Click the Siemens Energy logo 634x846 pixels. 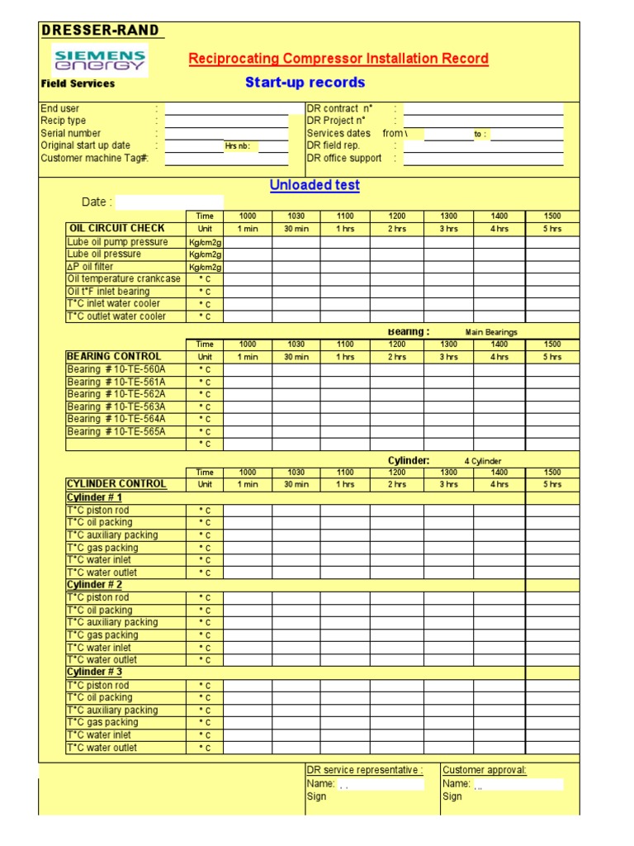[99, 60]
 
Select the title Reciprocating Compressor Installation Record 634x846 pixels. [338, 59]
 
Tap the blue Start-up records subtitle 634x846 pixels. [305, 83]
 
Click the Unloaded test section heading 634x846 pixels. [315, 185]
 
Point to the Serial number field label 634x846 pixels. [71, 133]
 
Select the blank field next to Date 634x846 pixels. [169, 202]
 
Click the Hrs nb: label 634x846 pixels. [240, 146]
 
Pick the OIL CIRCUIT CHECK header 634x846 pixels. [116, 228]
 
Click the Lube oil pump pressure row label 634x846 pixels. [117, 242]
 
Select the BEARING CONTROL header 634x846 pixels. [114, 357]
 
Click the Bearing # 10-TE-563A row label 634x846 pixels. [116, 406]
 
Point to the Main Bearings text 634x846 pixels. [491, 332]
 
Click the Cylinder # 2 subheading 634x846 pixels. [94, 585]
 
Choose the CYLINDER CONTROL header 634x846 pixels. [116, 484]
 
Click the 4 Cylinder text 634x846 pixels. [483, 461]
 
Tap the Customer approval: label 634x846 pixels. [485, 770]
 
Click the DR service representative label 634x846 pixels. [365, 770]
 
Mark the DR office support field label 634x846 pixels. [344, 158]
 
